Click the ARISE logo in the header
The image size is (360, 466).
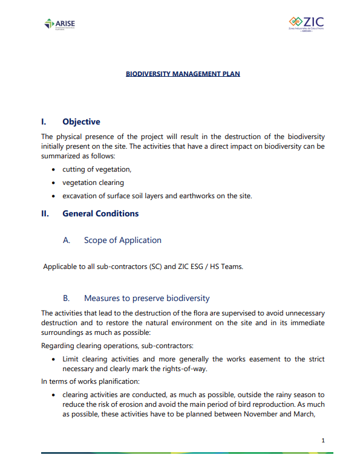pos(60,24)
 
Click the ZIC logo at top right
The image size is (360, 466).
pos(306,24)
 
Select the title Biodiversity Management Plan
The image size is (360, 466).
pos(183,74)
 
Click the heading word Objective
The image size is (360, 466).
pos(81,122)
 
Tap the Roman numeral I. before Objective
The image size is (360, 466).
pos(44,122)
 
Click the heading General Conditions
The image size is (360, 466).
pos(100,213)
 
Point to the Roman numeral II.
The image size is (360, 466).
pos(45,213)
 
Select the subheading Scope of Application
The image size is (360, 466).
pos(123,240)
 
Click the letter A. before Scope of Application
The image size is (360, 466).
pos(67,240)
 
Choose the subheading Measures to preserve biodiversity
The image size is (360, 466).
pos(146,298)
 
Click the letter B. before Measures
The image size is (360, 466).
pos(67,298)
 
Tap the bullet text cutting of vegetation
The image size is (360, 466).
pos(97,169)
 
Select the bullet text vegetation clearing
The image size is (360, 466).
pos(93,183)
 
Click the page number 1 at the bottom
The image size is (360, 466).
pos(324,441)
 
